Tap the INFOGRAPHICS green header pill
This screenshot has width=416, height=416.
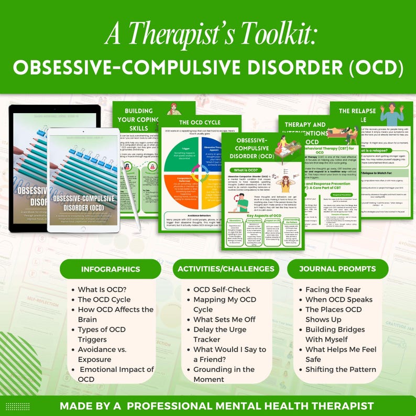tap(111, 269)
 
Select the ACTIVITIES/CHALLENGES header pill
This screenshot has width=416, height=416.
tap(226, 269)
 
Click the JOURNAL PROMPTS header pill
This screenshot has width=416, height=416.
tap(337, 269)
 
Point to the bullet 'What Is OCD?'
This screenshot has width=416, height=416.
tap(102, 290)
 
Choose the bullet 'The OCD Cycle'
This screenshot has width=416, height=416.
tap(104, 300)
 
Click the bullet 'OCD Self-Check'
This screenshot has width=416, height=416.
tap(222, 290)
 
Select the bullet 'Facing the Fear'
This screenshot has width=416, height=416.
tap(333, 290)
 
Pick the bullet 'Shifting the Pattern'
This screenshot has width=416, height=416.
tap(341, 369)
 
